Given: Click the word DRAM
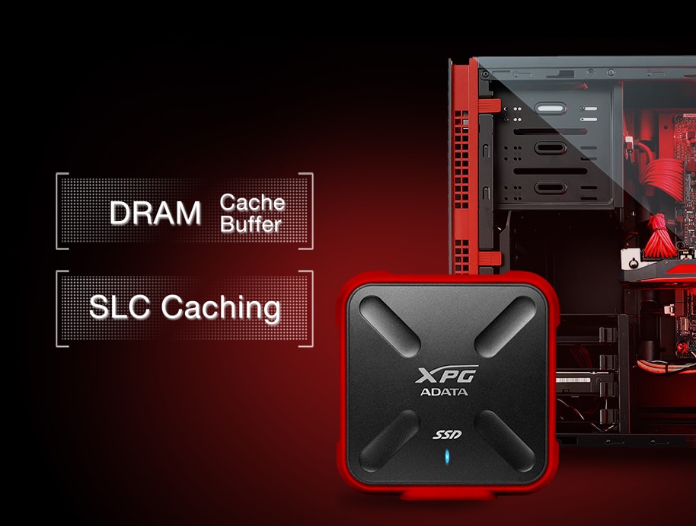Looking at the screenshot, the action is (155, 213).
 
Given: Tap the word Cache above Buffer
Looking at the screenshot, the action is (252, 203).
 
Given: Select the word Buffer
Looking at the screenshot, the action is (251, 224).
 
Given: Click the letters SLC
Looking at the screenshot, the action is (120, 306).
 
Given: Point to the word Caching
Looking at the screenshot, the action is (221, 308).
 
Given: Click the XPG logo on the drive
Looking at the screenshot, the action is (446, 374).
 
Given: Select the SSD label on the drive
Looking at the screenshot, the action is (447, 435).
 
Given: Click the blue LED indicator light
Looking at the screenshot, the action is (447, 457).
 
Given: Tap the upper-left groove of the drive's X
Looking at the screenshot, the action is (390, 326).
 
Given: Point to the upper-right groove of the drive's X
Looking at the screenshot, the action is (505, 326).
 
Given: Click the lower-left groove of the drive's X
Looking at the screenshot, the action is (390, 441).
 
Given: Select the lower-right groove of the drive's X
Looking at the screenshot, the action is (505, 441).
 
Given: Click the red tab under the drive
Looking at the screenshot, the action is (447, 495).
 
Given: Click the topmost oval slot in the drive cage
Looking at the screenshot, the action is (551, 108).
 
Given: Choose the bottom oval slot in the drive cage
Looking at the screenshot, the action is (551, 188).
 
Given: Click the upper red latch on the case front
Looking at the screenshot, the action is (489, 106).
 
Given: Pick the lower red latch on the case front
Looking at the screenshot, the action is (489, 258).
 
